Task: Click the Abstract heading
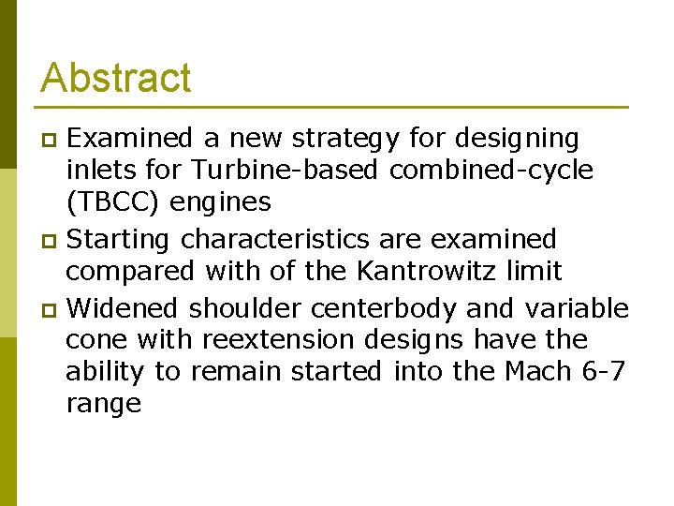(116, 78)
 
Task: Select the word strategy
(347, 139)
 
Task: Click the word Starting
(121, 239)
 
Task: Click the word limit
(532, 272)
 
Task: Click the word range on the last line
(103, 404)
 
